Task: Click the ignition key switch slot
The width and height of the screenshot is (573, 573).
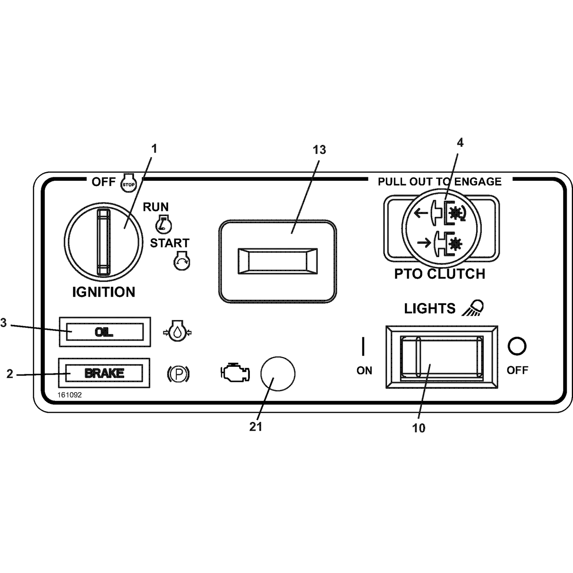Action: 103,242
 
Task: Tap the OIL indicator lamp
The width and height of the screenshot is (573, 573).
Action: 105,332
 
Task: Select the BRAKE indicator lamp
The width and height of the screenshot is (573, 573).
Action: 104,373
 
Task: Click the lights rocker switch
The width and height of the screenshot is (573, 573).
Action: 442,357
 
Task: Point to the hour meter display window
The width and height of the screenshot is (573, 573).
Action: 278,261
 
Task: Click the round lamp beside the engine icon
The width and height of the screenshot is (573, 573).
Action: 278,374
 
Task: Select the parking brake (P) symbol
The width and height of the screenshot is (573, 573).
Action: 178,374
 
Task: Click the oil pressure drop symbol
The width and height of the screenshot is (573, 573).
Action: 178,331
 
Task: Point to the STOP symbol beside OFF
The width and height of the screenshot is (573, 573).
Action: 129,183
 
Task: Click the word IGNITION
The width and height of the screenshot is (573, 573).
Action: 104,292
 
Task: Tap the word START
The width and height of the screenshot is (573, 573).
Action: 169,243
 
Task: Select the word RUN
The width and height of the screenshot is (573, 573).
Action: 155,207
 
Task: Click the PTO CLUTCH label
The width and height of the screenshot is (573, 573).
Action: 439,274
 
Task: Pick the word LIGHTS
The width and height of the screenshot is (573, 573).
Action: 430,309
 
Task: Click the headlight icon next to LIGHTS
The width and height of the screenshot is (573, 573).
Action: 473,308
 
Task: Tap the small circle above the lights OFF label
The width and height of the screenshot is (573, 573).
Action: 517,346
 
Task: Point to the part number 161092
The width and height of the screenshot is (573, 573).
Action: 69,395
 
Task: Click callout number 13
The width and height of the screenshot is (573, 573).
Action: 319,150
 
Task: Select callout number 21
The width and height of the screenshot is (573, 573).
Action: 256,427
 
